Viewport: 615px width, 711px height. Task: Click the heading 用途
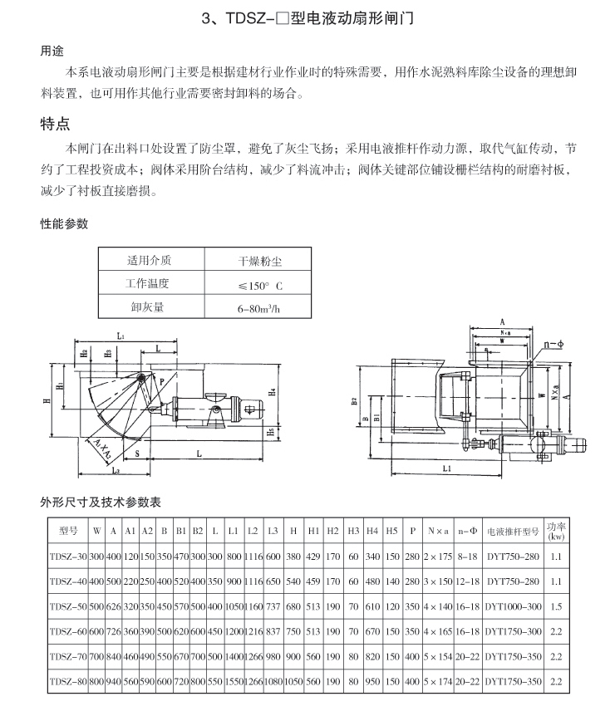(x=52, y=51)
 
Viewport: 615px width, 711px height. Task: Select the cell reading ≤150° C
(x=260, y=285)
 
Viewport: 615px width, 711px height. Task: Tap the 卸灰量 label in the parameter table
(x=147, y=306)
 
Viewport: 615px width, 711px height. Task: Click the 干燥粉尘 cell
(x=260, y=261)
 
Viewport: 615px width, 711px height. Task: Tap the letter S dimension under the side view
(x=136, y=454)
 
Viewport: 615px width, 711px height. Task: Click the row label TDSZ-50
(x=68, y=607)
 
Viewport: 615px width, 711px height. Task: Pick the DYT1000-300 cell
(x=512, y=607)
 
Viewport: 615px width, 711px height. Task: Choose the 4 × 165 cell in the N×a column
(x=436, y=632)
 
